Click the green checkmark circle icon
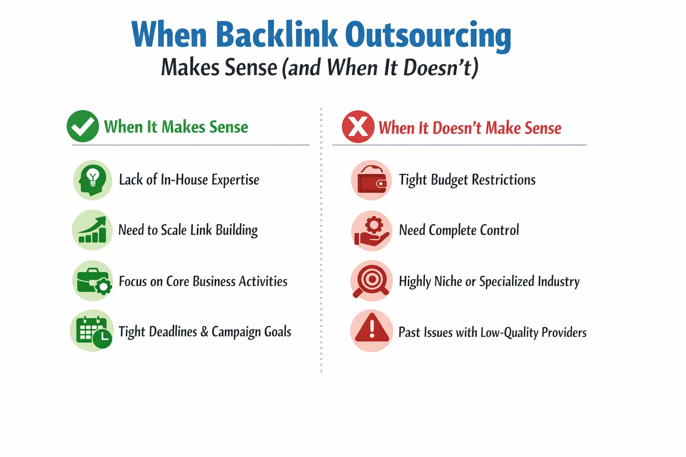tap(83, 126)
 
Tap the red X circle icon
tap(358, 127)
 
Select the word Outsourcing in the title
tap(428, 36)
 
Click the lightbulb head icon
tap(92, 180)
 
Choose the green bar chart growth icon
tap(92, 230)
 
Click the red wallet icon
tap(372, 180)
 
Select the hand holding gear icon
tap(372, 231)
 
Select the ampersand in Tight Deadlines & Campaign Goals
tap(204, 332)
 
